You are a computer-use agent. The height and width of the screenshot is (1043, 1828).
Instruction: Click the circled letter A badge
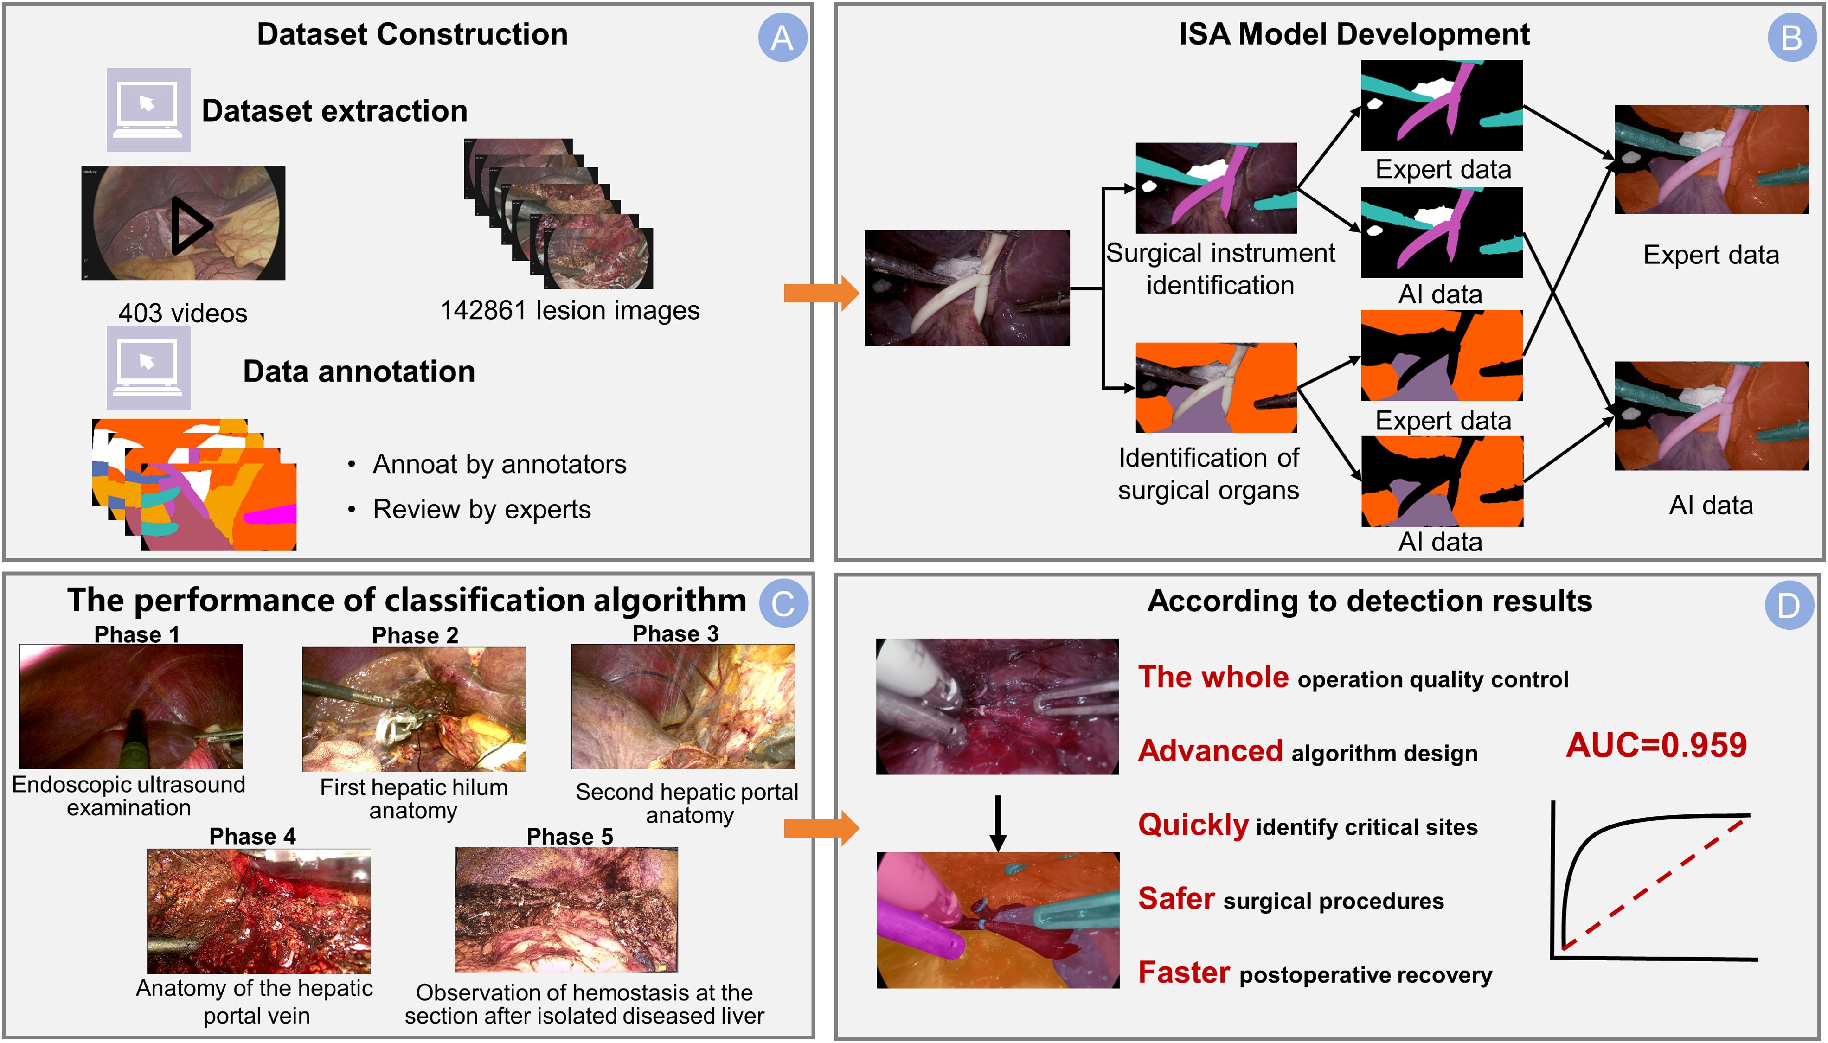pos(782,37)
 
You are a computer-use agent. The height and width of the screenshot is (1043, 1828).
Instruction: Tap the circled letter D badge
pos(1789,605)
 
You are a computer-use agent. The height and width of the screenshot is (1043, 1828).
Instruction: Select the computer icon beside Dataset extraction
pos(148,109)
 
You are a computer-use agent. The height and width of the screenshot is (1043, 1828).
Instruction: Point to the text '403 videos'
pos(183,313)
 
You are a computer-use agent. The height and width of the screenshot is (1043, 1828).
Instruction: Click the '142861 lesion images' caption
pos(570,310)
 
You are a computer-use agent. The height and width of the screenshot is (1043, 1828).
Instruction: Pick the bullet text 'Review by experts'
pos(481,509)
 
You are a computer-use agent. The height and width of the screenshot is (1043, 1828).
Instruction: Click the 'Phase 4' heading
pos(252,836)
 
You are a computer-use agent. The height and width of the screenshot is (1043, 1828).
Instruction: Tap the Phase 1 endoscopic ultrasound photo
pos(131,706)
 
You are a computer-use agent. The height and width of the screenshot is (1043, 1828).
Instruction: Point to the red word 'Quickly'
pos(1193,825)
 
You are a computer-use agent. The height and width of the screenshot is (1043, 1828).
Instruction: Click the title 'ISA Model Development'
pos(1354,34)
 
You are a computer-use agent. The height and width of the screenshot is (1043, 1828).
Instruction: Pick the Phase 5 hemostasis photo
pos(566,910)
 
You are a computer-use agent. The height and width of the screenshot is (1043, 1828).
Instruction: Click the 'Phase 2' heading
pos(415,635)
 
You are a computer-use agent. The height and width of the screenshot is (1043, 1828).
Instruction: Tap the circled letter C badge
pos(783,603)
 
